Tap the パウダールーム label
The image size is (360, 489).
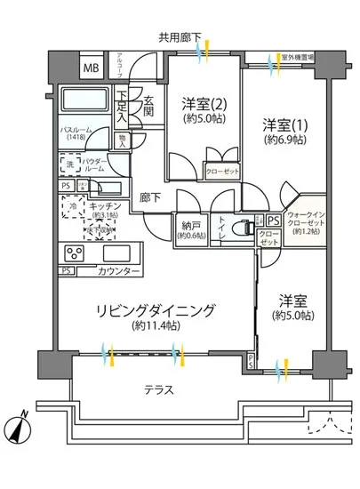point(96,166)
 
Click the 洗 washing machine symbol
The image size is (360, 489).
point(70,164)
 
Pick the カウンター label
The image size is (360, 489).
point(118,271)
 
